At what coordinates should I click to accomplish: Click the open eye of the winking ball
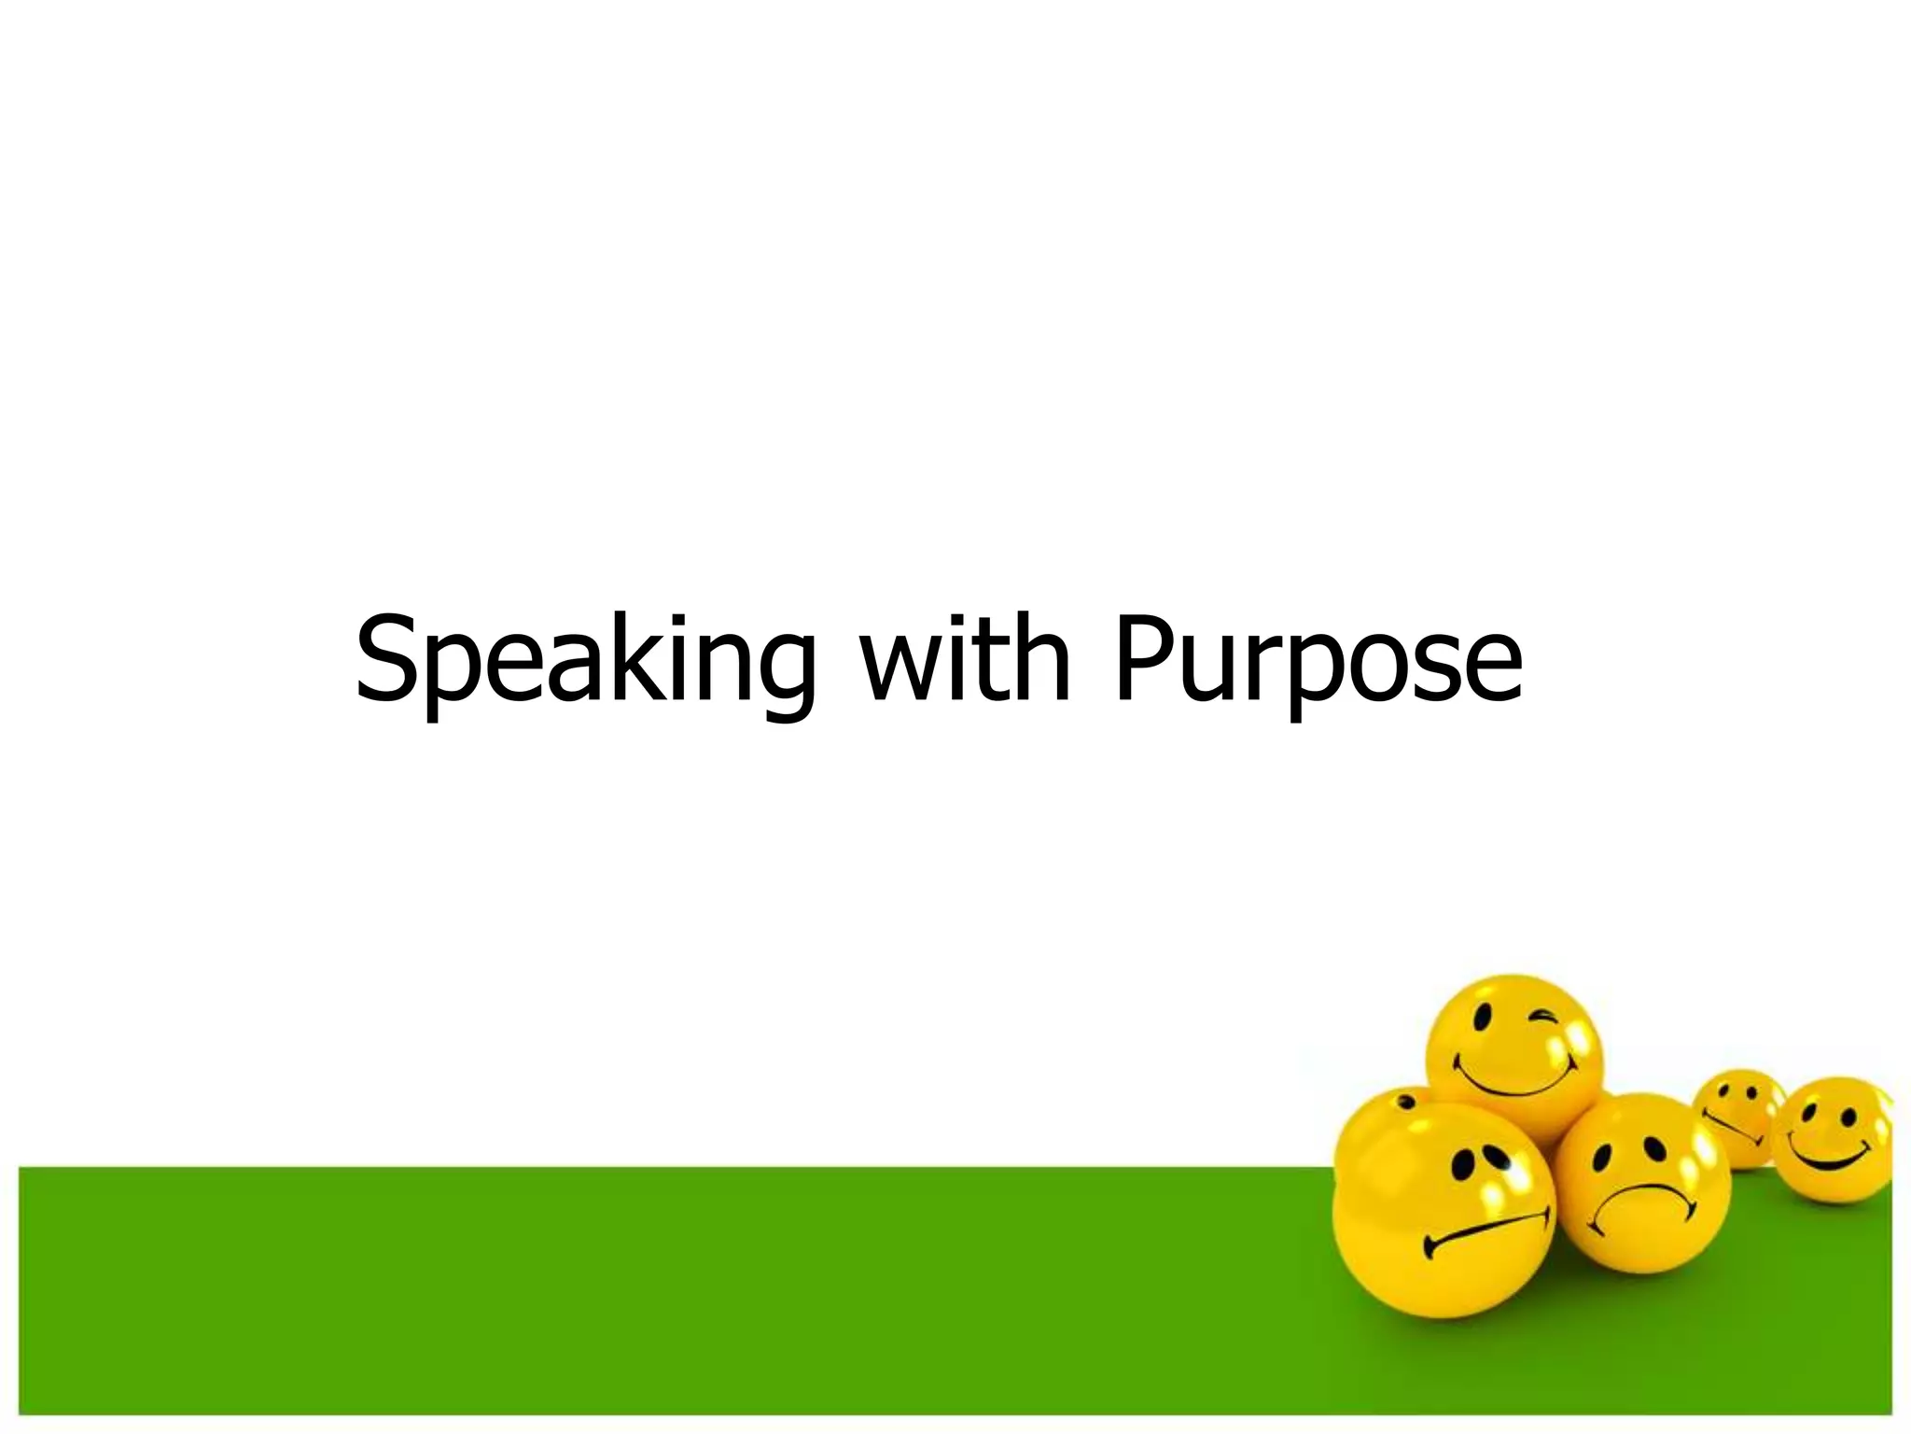point(1481,1019)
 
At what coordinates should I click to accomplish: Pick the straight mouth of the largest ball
point(1486,1230)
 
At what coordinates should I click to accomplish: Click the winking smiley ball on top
point(1514,1055)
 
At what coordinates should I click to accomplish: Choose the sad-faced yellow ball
point(1642,1181)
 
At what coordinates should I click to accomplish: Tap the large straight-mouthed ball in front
point(1444,1214)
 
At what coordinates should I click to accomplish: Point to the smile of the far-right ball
point(1830,1161)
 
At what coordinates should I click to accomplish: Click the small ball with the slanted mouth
point(1737,1115)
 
